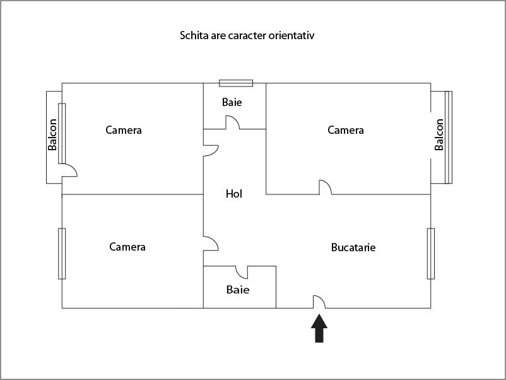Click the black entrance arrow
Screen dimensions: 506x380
[319, 328]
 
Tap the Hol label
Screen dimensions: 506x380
[234, 194]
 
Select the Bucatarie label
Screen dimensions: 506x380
[353, 247]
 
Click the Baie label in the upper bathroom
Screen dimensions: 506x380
[232, 102]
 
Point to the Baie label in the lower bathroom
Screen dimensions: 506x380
[238, 290]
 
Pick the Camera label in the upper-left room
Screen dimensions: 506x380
[124, 130]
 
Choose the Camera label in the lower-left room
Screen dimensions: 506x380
[127, 247]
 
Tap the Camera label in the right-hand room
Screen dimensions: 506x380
[346, 130]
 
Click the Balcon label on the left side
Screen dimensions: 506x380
[52, 134]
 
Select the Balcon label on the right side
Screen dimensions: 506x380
[439, 134]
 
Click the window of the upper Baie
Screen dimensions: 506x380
[236, 83]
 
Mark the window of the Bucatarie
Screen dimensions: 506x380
[431, 254]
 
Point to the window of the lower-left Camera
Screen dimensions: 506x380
[62, 254]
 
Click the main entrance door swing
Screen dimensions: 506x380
[319, 302]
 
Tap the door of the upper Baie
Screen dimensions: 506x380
[233, 122]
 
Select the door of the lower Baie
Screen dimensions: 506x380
[242, 272]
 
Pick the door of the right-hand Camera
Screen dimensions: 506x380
[326, 187]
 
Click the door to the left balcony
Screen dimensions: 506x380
[69, 170]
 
